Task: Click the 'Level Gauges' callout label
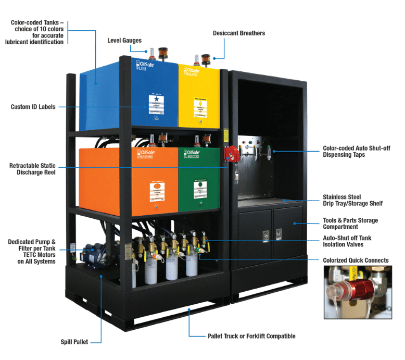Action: pos(124,40)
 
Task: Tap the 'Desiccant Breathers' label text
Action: pos(238,33)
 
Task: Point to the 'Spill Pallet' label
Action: pos(74,342)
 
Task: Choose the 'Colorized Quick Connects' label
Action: pos(356,260)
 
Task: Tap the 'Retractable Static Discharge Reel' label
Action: pos(32,169)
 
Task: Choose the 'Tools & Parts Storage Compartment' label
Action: pos(350,224)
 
